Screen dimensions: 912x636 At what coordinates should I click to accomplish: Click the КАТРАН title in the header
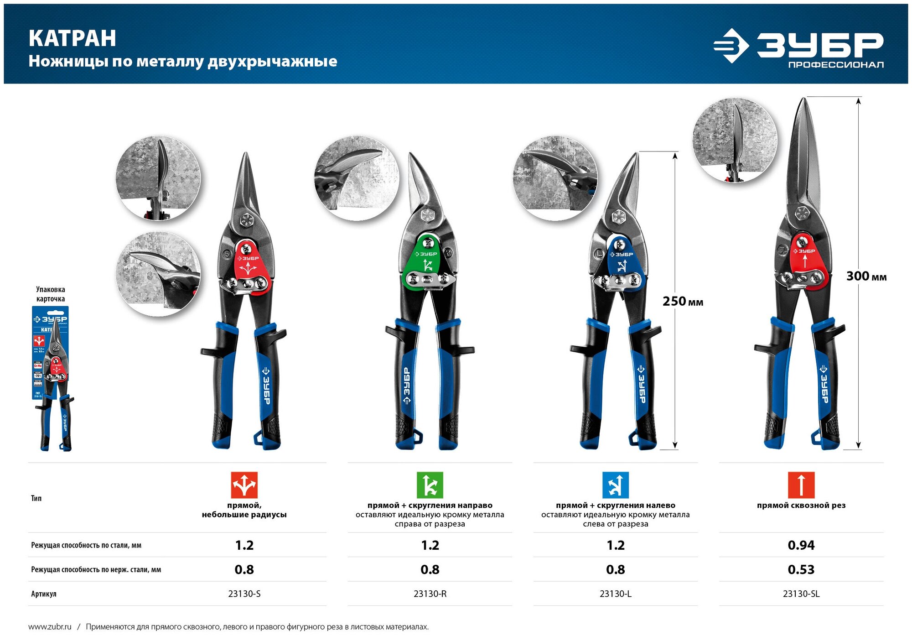(x=73, y=38)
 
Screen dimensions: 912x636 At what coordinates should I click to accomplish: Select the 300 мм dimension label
(x=866, y=276)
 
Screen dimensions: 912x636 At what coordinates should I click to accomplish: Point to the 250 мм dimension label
(x=682, y=301)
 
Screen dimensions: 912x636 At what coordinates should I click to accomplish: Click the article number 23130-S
(x=244, y=594)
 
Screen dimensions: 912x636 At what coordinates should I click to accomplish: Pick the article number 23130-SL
(x=801, y=594)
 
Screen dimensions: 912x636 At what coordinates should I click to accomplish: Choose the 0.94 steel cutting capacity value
(x=801, y=545)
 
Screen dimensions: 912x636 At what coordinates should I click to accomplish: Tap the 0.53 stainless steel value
(x=801, y=569)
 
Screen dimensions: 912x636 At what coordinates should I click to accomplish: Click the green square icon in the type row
(x=430, y=485)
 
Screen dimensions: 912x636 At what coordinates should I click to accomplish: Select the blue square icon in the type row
(x=615, y=485)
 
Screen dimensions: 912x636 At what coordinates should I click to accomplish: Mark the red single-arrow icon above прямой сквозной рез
(x=801, y=485)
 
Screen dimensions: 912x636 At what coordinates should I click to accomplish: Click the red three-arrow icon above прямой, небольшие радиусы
(x=244, y=485)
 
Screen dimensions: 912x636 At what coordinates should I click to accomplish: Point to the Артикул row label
(x=44, y=594)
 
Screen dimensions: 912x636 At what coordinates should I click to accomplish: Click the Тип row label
(x=36, y=498)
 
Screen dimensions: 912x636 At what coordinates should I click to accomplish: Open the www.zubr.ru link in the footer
(x=50, y=627)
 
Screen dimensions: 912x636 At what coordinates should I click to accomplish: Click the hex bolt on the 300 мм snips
(x=802, y=213)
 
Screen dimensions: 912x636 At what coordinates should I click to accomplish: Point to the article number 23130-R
(x=430, y=594)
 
